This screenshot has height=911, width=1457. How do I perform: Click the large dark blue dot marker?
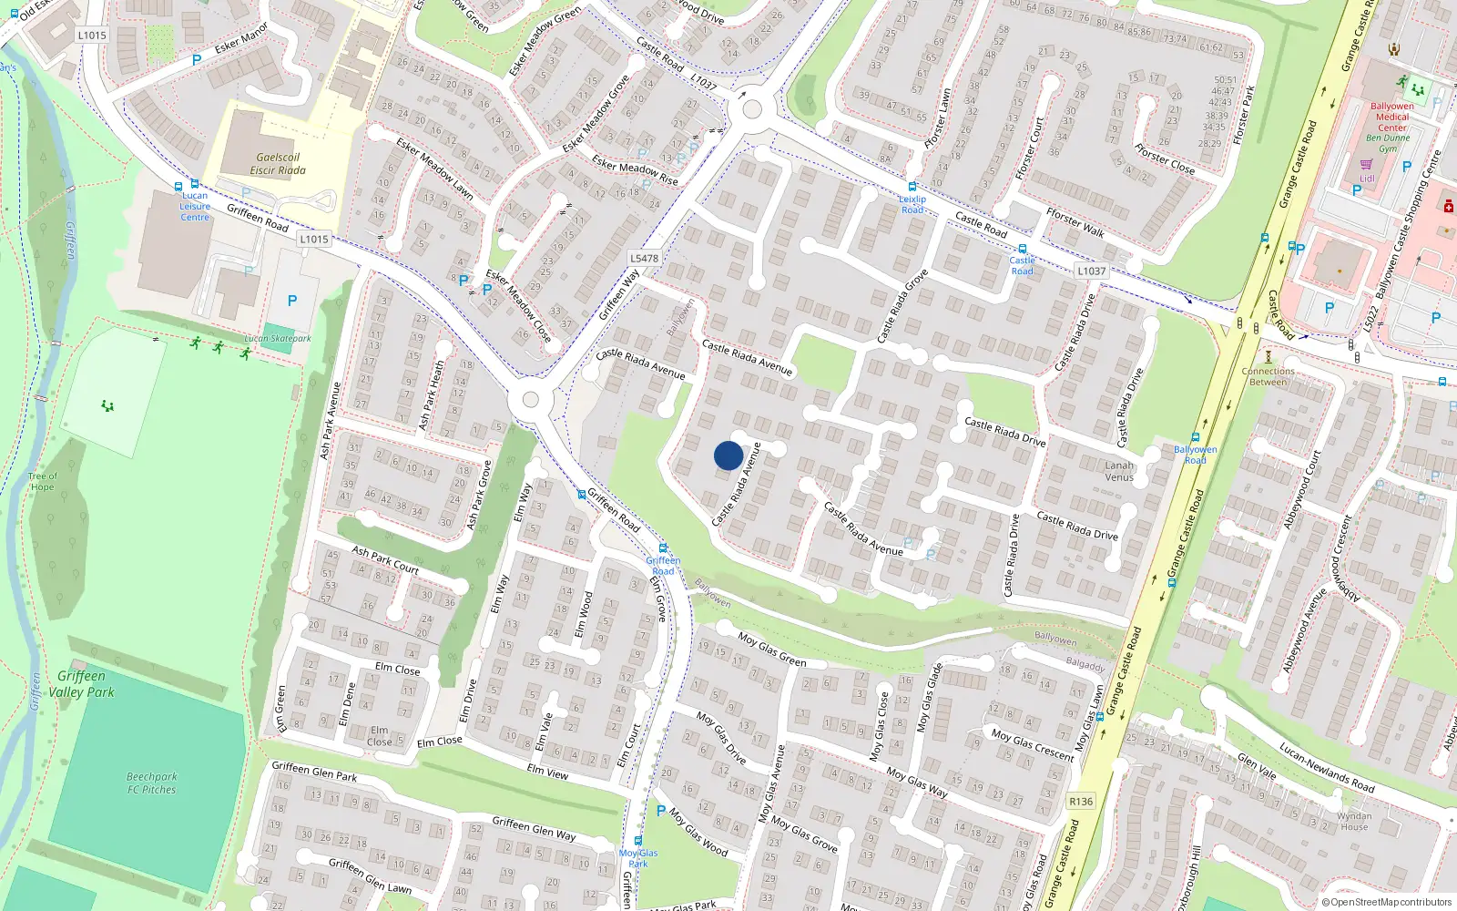[728, 455]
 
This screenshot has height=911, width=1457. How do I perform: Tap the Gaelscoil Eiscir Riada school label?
[278, 164]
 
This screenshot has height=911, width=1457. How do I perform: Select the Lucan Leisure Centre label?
[195, 206]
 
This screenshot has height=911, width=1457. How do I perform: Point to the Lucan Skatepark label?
[278, 339]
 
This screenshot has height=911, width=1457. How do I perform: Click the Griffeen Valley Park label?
[81, 684]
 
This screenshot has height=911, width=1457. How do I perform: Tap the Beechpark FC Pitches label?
[152, 783]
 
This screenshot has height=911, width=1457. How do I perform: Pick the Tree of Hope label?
[42, 481]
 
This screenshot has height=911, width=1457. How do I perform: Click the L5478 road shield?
[644, 259]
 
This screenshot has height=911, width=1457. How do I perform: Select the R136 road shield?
[1081, 802]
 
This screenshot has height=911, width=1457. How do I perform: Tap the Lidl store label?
[1367, 179]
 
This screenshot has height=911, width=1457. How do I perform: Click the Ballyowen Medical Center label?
[1392, 117]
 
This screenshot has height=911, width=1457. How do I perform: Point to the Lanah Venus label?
[1119, 471]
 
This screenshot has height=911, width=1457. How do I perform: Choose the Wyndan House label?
[1354, 822]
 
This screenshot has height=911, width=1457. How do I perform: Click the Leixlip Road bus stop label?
[912, 204]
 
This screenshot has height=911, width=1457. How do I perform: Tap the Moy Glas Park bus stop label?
[638, 858]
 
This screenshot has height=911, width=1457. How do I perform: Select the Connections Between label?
[1268, 376]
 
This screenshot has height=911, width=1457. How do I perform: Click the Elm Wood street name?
[584, 615]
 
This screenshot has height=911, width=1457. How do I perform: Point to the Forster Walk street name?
[1075, 222]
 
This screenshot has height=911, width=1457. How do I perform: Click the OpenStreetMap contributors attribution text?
[1387, 903]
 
